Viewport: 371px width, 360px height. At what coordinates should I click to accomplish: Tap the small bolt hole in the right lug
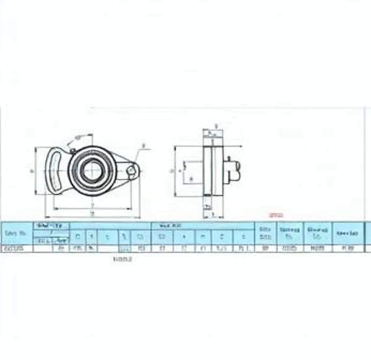132,170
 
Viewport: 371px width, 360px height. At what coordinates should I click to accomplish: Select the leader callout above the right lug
143,145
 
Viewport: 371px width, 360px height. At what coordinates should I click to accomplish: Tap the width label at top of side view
216,126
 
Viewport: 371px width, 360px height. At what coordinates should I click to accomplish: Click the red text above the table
276,215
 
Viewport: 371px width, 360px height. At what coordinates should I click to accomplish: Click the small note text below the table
123,260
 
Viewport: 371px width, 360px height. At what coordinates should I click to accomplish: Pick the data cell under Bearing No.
290,248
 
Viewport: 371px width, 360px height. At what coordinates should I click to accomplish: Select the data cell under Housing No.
317,248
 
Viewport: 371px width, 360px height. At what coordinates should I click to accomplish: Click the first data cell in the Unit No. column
17,248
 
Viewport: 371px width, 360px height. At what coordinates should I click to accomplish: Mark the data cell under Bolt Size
265,248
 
